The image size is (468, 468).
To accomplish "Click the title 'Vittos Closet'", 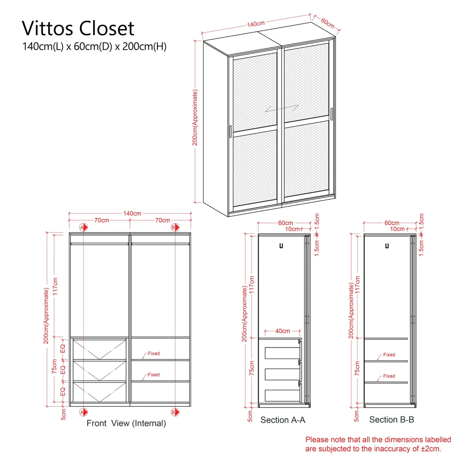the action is [x=78, y=28].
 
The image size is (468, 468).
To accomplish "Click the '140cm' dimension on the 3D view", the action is [x=256, y=24].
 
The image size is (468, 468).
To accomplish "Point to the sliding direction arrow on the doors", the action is [x=282, y=108].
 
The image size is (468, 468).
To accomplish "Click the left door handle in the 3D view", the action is [x=230, y=131].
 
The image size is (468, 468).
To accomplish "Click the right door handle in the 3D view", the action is [x=331, y=114].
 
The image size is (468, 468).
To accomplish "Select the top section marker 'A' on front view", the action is [x=83, y=227].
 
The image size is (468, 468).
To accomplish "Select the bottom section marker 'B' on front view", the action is [x=175, y=412].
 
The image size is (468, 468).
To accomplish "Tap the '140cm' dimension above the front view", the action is [x=132, y=213].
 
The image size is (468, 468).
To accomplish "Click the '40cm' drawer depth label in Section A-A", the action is [x=282, y=331].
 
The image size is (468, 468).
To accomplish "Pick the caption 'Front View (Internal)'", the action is [x=126, y=423].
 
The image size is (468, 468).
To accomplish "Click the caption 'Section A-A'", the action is [x=283, y=420].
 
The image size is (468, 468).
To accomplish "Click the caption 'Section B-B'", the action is [x=392, y=420].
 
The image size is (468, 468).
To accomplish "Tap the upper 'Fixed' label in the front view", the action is [x=154, y=353].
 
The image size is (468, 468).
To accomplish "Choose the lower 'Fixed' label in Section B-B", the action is [x=389, y=376].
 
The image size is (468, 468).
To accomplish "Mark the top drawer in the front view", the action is [x=100, y=349].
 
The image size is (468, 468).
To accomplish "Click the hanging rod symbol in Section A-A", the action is [x=281, y=246].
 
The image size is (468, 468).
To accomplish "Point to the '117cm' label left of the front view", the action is [x=55, y=286].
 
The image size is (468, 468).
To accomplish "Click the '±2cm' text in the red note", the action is [x=430, y=449].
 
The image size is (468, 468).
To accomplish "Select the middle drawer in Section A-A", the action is [x=282, y=374].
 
